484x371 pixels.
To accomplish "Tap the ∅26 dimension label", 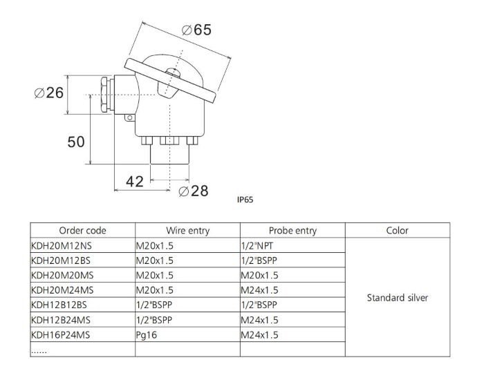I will tap(50, 93).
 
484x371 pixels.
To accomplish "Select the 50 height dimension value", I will tap(76, 142).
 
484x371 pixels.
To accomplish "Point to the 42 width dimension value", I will tap(135, 182).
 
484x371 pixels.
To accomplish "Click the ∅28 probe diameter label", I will tap(193, 191).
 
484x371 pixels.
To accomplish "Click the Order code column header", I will tap(82, 231).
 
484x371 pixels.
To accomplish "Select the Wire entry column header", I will tap(188, 231).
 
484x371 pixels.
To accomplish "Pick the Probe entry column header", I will tap(292, 231).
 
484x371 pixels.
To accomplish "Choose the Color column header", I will tap(398, 231).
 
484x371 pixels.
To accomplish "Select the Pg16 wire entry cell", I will tap(147, 335).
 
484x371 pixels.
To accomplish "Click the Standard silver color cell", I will tap(398, 298).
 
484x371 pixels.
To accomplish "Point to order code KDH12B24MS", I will tap(62, 320).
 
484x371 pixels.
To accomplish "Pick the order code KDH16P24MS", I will tap(62, 335).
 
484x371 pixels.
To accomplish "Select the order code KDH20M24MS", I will tap(62, 290).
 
